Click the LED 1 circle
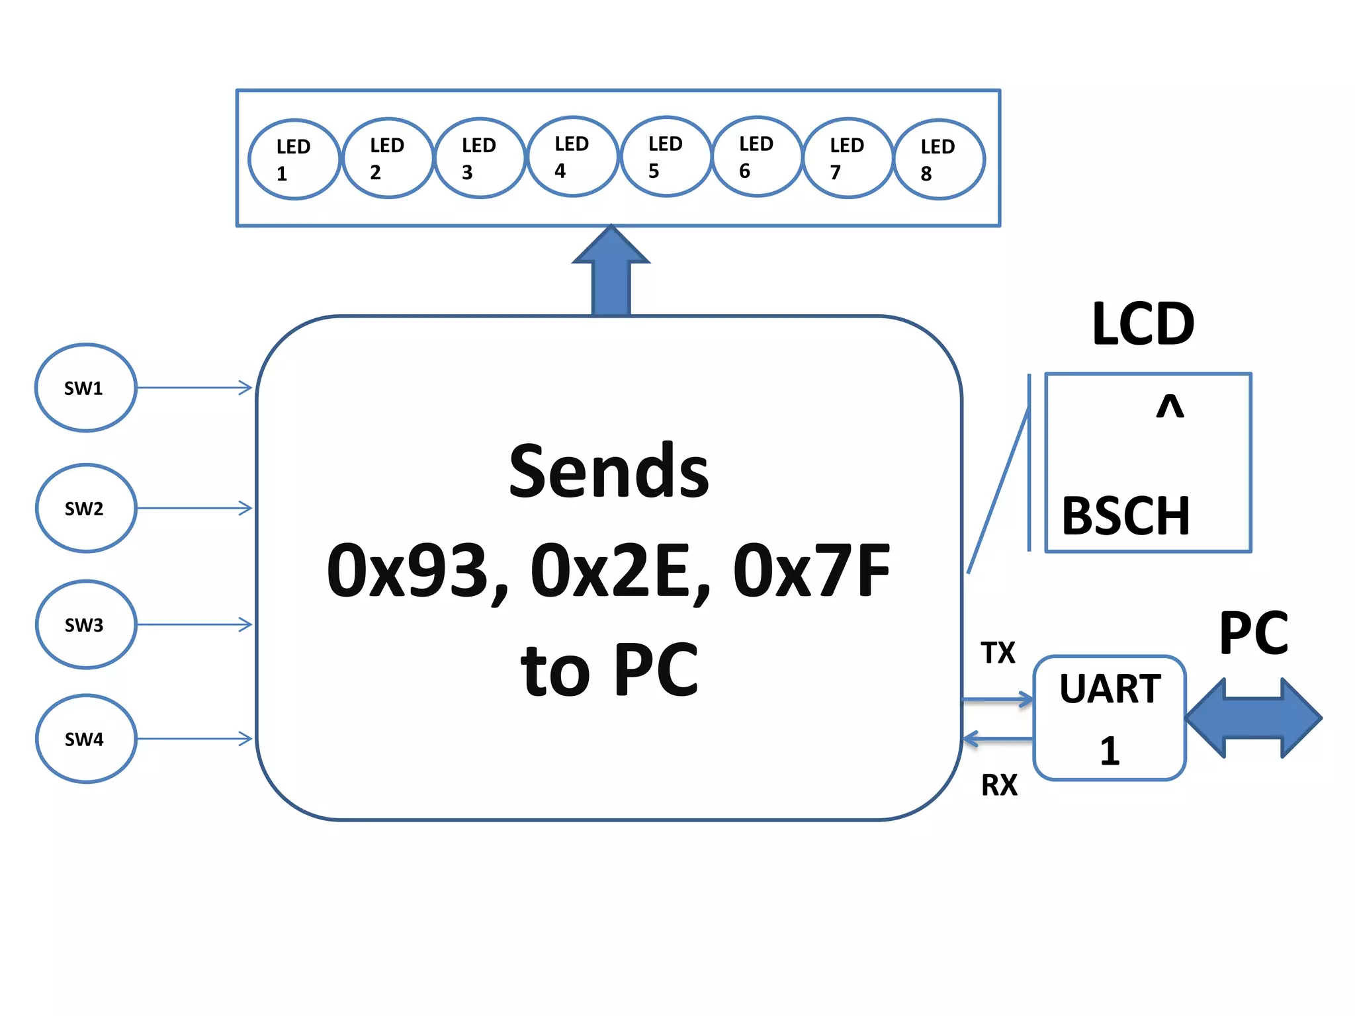pyautogui.click(x=294, y=159)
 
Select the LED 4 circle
pyautogui.click(x=573, y=157)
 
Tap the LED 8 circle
pyautogui.click(x=939, y=159)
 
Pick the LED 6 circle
pyautogui.click(x=757, y=157)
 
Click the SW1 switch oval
pyautogui.click(x=85, y=388)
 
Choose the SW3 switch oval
pyautogui.click(x=85, y=624)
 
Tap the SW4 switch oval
pyautogui.click(x=85, y=739)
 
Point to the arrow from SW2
pyautogui.click(x=195, y=508)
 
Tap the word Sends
pyautogui.click(x=609, y=471)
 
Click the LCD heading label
pyautogui.click(x=1143, y=324)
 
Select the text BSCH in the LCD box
pyautogui.click(x=1125, y=516)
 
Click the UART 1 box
pyautogui.click(x=1110, y=718)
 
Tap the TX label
pyautogui.click(x=998, y=653)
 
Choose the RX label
pyautogui.click(x=999, y=785)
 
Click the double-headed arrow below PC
pyautogui.click(x=1254, y=718)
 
